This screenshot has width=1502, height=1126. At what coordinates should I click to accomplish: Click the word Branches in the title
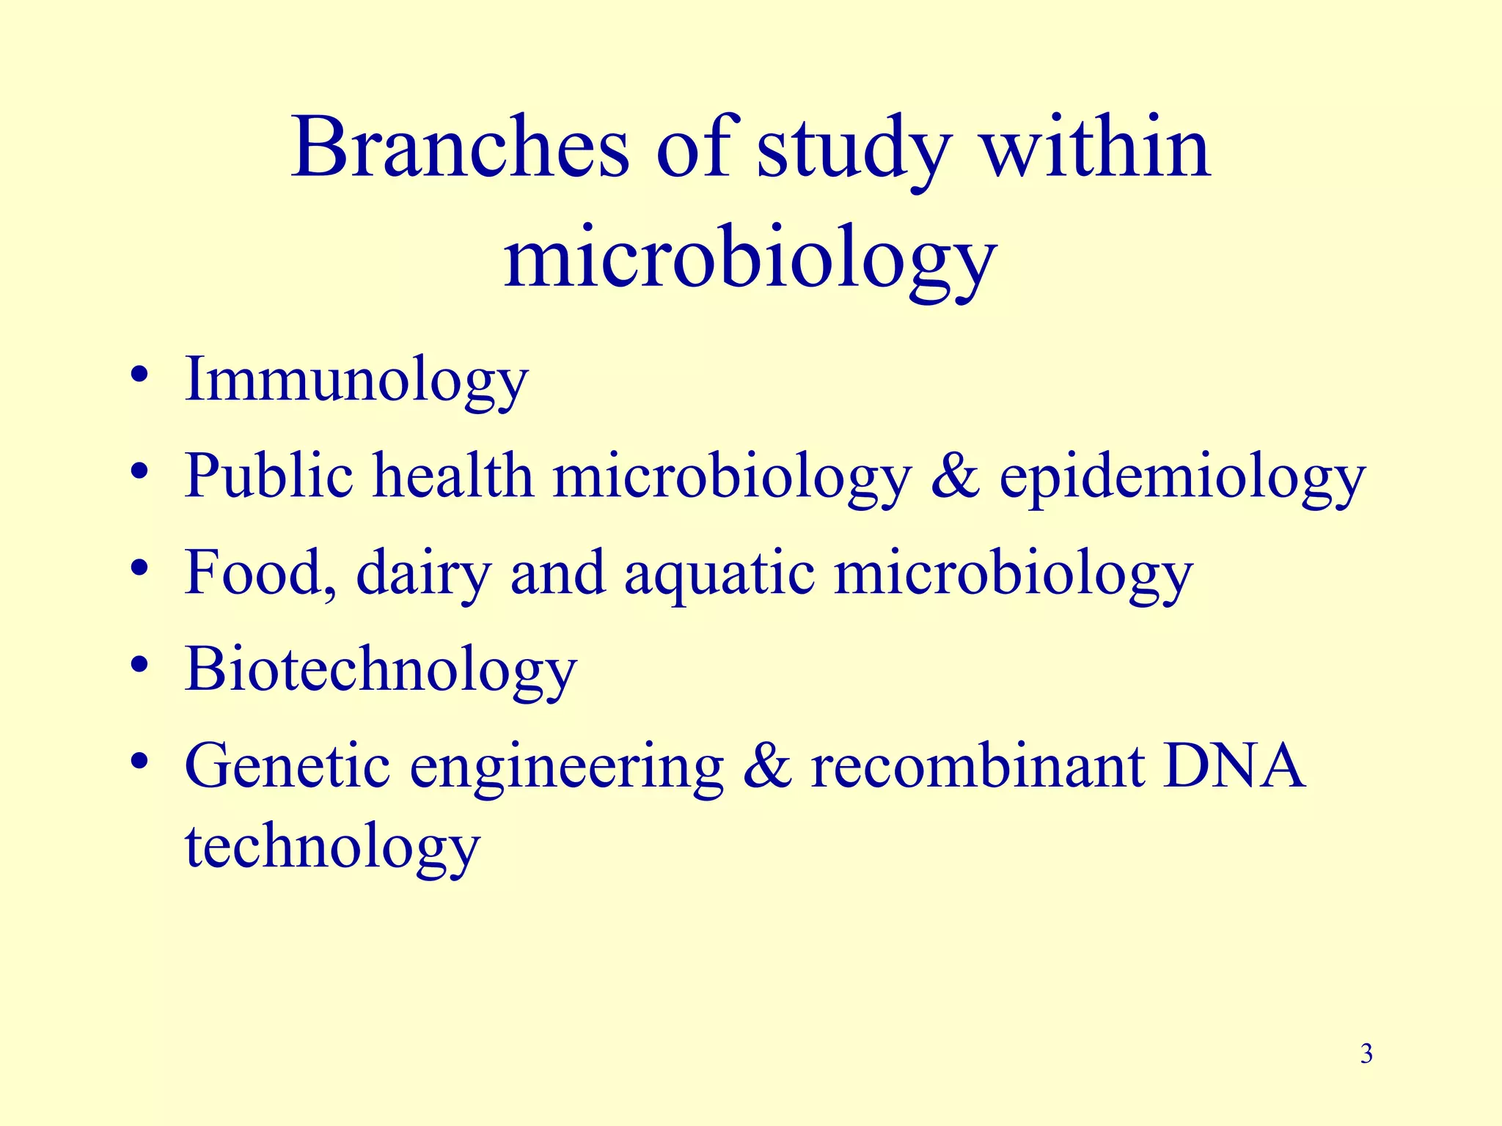click(x=460, y=149)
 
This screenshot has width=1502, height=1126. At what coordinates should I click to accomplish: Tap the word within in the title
click(x=1096, y=149)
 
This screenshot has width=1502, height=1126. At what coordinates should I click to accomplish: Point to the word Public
click(x=268, y=476)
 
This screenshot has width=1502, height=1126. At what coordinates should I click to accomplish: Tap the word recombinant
click(x=978, y=767)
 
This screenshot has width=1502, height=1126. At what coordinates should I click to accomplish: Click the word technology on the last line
click(x=331, y=847)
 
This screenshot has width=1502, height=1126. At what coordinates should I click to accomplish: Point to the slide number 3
click(x=1366, y=1054)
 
